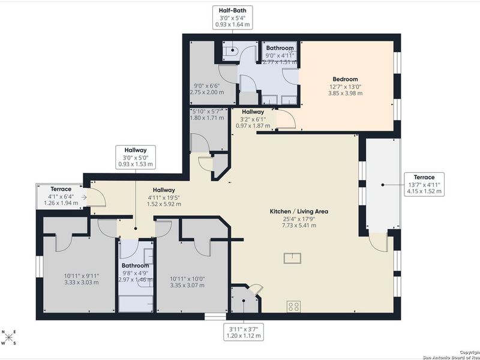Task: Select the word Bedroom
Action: coord(346,79)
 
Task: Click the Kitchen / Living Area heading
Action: coord(298,211)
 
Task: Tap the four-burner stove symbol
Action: coord(294,306)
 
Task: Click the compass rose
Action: coord(10,340)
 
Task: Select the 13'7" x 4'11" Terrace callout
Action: coord(425,185)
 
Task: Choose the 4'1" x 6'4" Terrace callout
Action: coord(61,196)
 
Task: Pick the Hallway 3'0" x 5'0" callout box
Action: coord(136,157)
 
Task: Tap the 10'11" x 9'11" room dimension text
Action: coord(82,280)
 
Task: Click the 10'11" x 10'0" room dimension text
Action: coord(188,282)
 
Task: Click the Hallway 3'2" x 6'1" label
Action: coord(253,119)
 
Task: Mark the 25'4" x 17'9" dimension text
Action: coord(298,223)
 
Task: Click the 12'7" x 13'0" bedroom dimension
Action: coord(346,90)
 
